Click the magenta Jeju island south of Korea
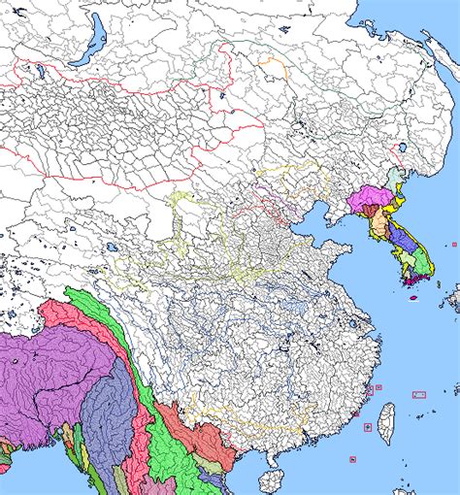(412, 297)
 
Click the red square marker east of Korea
(454, 244)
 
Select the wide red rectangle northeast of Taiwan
(419, 395)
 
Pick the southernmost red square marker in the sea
(352, 459)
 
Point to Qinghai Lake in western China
(115, 247)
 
